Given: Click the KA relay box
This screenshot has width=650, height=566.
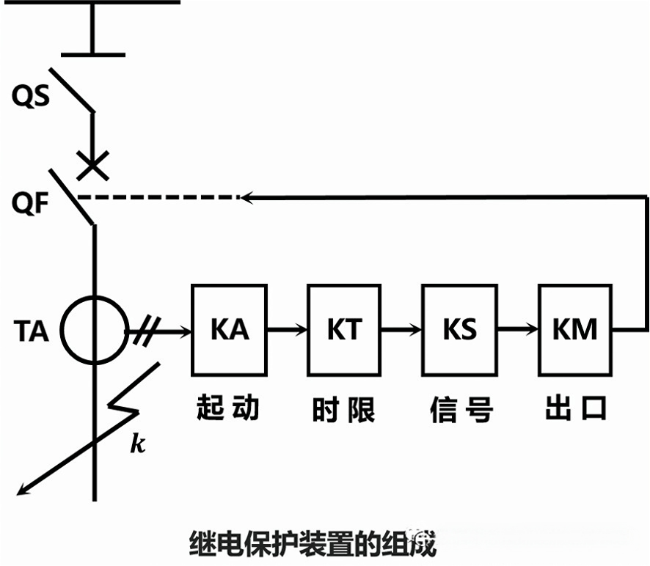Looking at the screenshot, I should click(x=230, y=330).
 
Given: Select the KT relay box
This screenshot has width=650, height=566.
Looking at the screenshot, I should click(x=344, y=330).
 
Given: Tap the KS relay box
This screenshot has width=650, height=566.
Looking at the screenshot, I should click(x=459, y=330).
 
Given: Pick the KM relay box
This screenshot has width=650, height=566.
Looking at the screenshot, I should click(x=576, y=330).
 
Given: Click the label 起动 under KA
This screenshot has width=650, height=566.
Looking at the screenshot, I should click(x=228, y=408).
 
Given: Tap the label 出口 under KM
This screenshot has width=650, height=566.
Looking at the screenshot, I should click(x=576, y=409).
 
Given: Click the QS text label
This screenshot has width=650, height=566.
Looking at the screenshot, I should click(x=31, y=96).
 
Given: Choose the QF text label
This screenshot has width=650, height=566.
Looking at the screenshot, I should click(x=31, y=203).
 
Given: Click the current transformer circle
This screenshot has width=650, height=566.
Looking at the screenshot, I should click(x=93, y=330).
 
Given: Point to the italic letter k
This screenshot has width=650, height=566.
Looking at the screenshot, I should click(x=137, y=443).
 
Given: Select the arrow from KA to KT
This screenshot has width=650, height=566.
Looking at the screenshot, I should click(x=288, y=330).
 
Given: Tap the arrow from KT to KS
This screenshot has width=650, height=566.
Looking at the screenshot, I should click(x=402, y=330).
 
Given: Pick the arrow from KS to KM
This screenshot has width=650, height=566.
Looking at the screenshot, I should click(x=518, y=330).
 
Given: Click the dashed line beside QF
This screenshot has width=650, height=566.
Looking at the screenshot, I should click(x=158, y=197).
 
